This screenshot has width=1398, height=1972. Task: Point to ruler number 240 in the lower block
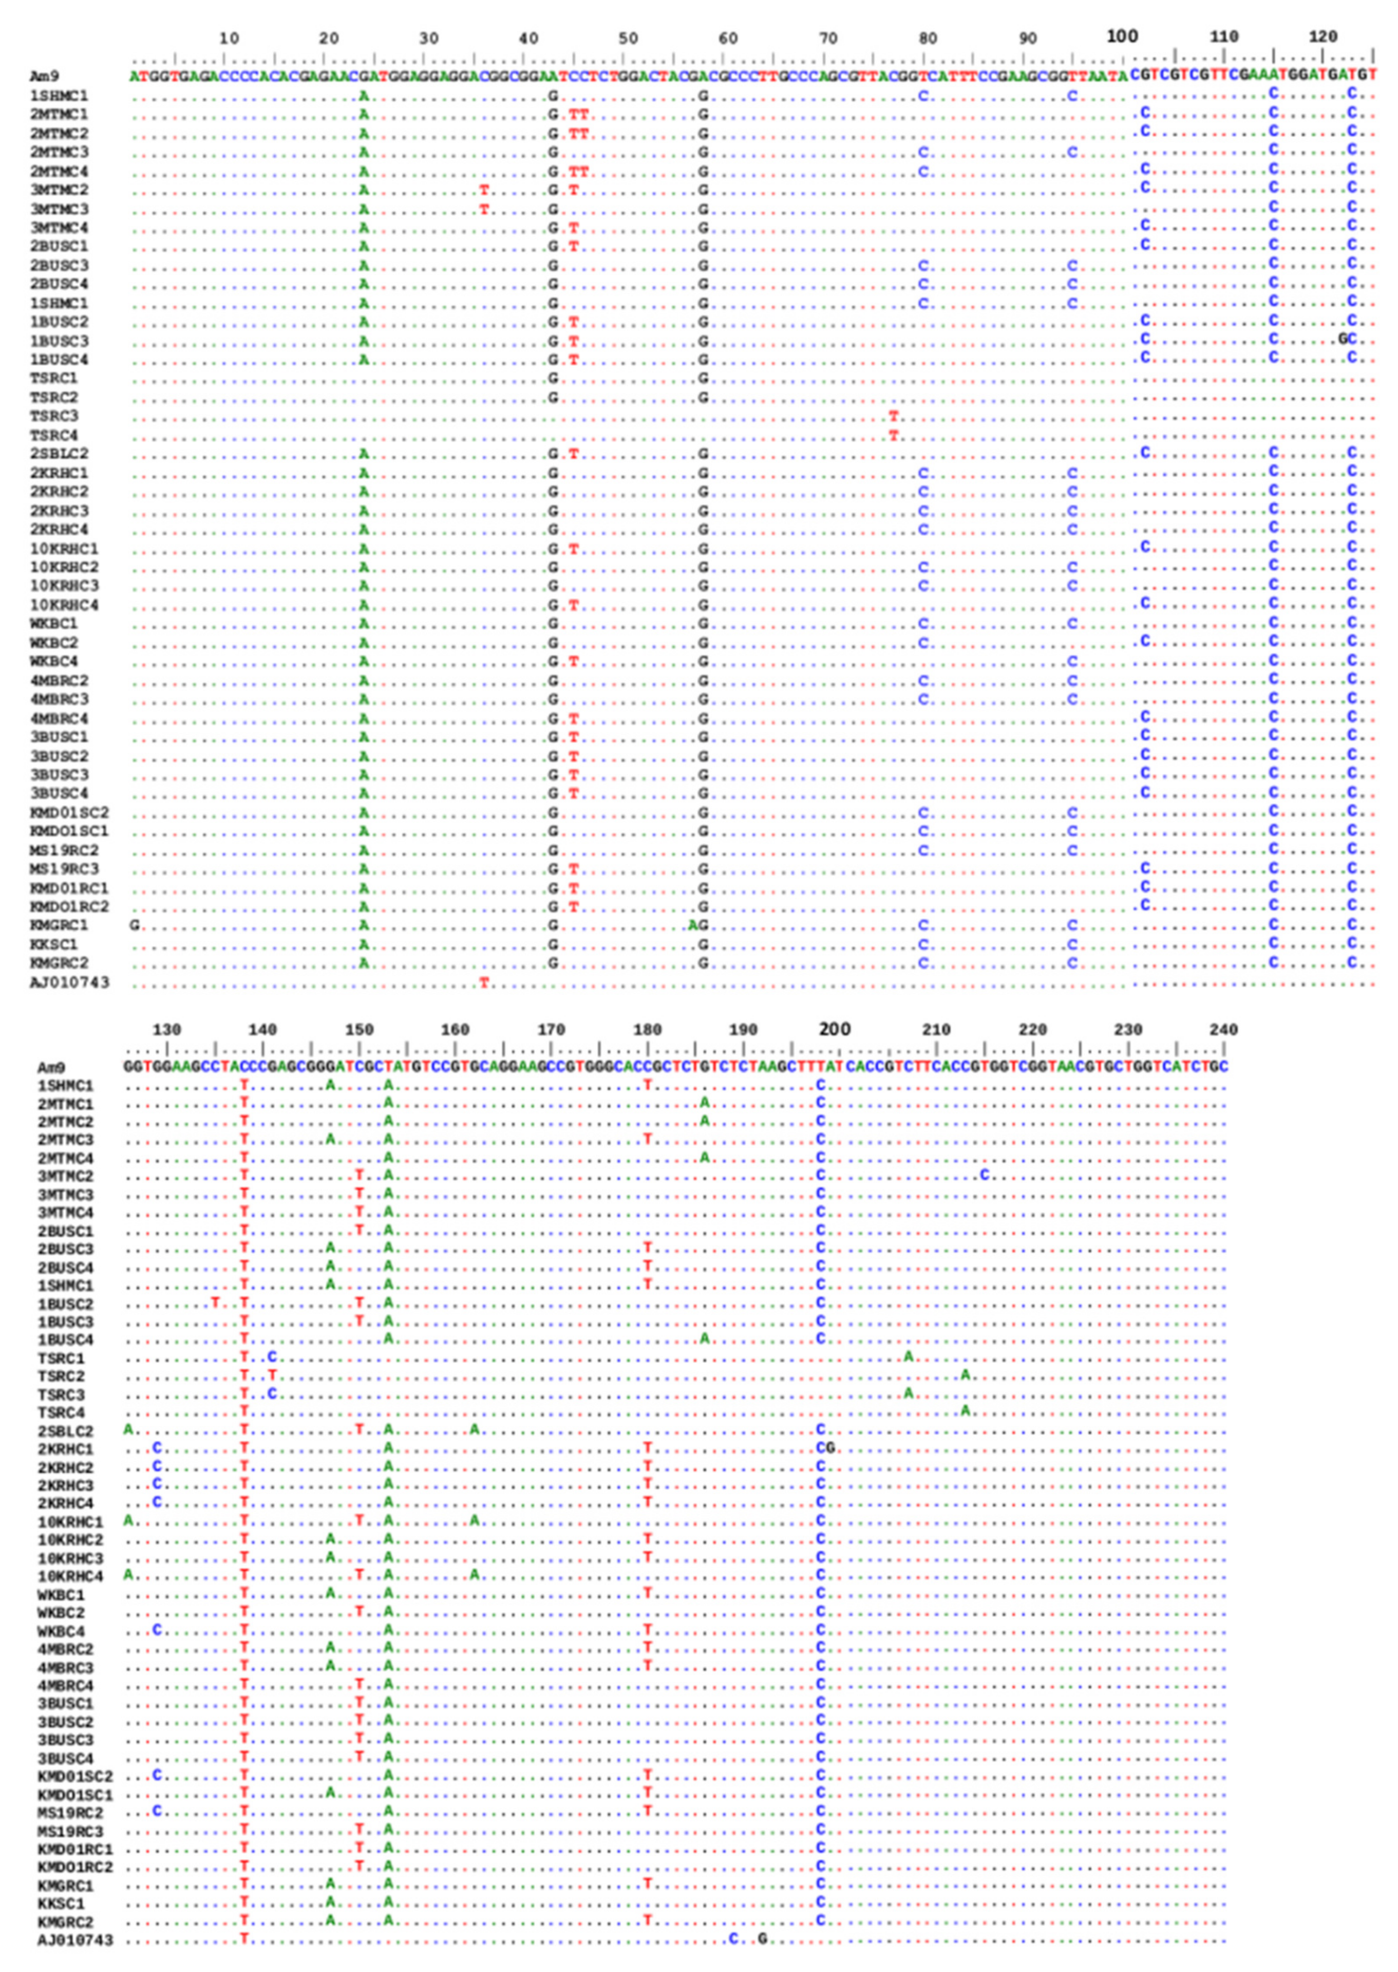[1223, 1030]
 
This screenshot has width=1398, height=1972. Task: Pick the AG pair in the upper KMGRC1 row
[698, 926]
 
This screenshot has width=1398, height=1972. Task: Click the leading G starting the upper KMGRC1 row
[134, 926]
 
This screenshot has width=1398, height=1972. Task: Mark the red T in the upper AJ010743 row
[484, 982]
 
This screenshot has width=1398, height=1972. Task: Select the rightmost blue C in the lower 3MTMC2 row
[985, 1176]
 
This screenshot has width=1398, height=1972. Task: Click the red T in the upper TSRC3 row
[894, 416]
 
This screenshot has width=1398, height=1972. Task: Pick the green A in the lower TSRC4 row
[966, 1410]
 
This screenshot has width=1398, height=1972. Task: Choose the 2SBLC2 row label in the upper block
[59, 454]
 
